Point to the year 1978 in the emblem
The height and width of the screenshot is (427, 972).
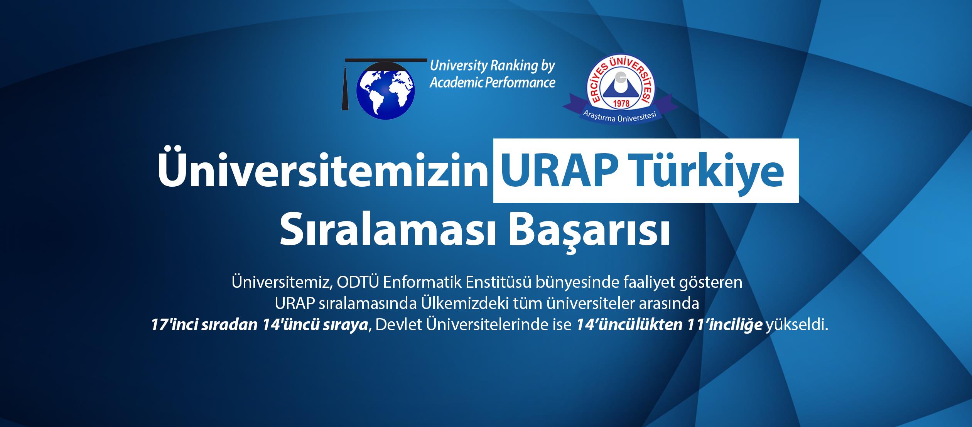[x=621, y=103]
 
